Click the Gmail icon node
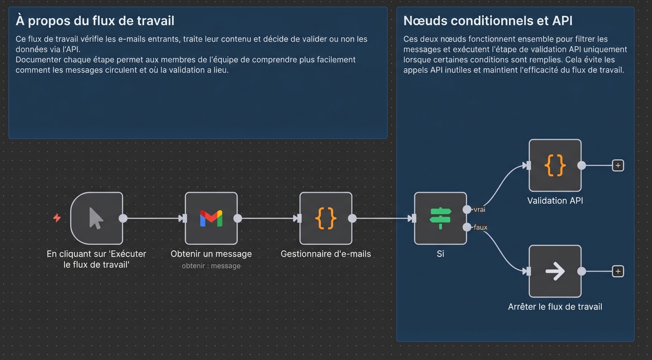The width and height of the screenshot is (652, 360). [211, 218]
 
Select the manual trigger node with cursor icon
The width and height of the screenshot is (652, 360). [96, 218]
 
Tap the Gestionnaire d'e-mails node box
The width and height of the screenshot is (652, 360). [326, 218]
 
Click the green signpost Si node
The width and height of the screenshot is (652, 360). [440, 218]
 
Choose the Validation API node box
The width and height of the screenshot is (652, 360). [555, 165]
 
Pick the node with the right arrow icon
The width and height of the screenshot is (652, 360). [555, 271]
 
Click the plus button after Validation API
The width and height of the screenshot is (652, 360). [618, 165]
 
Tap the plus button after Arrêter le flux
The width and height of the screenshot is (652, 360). [618, 271]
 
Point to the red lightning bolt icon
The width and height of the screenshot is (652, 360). [57, 218]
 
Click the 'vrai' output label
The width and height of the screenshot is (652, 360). [479, 210]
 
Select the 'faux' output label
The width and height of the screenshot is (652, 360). [481, 227]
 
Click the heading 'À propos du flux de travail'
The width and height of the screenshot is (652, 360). [95, 21]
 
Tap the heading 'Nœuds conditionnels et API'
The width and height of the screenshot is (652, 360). [488, 21]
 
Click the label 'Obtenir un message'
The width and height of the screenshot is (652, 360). [211, 254]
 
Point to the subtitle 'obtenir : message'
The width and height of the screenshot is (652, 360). [211, 266]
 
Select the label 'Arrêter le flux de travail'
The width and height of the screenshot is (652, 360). [555, 307]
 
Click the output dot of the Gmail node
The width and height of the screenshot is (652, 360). [238, 218]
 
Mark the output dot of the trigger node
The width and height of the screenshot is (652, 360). [123, 218]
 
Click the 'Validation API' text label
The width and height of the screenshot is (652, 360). [555, 201]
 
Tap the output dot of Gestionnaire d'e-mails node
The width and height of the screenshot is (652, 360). [353, 218]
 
